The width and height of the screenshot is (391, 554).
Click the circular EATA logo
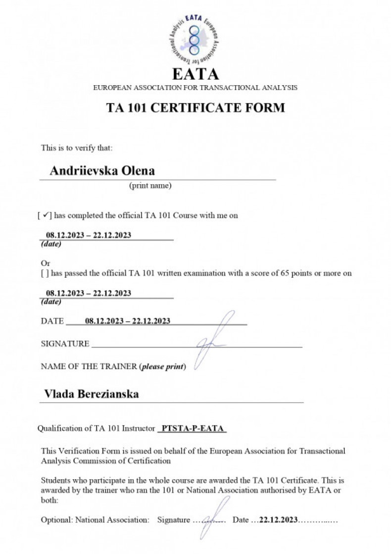click(x=195, y=38)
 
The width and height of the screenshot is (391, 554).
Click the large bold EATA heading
click(x=195, y=74)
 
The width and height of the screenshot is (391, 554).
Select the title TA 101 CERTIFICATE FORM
click(x=195, y=107)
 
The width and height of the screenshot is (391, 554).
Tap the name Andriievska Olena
click(x=102, y=171)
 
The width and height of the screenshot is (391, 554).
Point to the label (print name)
click(x=150, y=186)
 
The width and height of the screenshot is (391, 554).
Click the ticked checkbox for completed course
click(x=45, y=216)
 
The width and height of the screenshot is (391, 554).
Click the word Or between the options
click(x=46, y=263)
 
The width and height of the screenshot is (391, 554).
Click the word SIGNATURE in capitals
click(x=65, y=344)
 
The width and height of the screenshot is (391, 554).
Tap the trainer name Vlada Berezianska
click(x=92, y=394)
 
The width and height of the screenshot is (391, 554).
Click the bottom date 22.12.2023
click(x=278, y=520)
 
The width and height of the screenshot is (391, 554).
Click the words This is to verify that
click(x=77, y=148)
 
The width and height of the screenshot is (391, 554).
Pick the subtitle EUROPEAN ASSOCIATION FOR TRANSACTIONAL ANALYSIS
click(x=195, y=88)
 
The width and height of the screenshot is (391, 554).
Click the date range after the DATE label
click(x=128, y=321)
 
